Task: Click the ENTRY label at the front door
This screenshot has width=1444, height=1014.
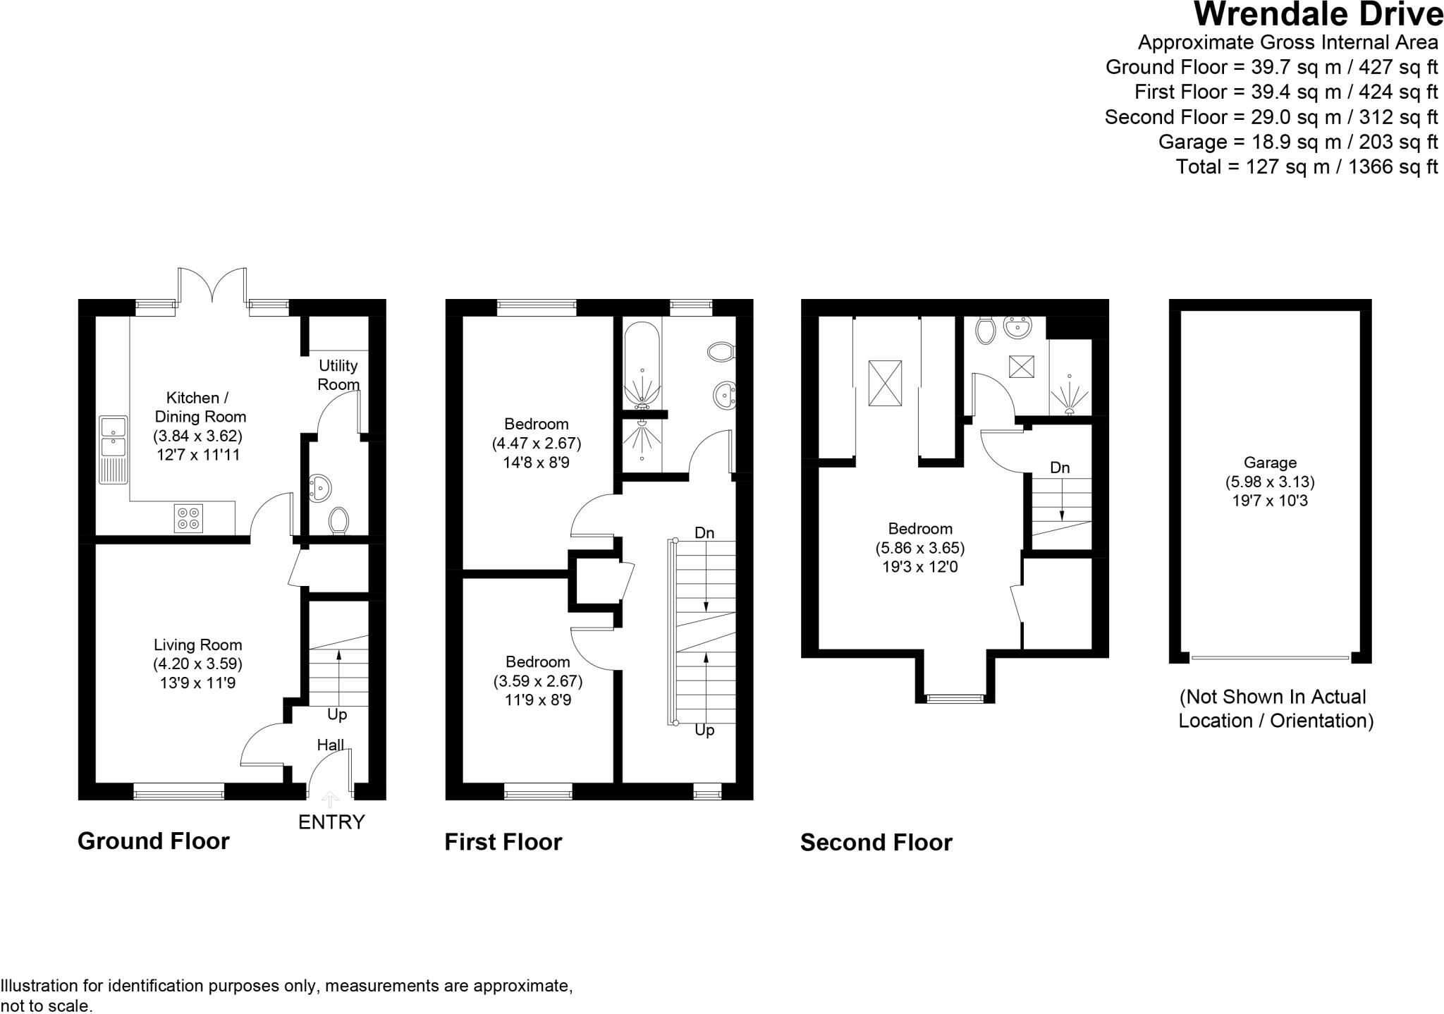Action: point(331,822)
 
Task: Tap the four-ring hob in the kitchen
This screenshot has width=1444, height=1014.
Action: point(188,518)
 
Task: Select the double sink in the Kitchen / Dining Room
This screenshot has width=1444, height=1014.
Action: point(113,437)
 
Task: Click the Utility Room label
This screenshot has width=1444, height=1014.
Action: point(338,374)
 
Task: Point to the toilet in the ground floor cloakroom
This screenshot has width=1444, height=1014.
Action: point(339,520)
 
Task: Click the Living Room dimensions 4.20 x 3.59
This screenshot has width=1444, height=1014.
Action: point(197,664)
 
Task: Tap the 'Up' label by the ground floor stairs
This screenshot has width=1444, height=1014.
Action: point(337,714)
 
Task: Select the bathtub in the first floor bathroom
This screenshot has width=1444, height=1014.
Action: point(642,365)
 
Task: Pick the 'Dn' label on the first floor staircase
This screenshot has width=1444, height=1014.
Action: point(704,532)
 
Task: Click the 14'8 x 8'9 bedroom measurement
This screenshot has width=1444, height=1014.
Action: point(536,463)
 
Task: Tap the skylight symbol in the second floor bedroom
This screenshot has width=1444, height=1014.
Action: point(885,383)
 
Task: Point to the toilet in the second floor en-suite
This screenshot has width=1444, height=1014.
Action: point(985,330)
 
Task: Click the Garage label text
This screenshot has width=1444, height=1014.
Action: point(1270,463)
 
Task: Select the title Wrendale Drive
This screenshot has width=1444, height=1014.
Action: point(1318,15)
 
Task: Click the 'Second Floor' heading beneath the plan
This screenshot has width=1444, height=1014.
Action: point(876,842)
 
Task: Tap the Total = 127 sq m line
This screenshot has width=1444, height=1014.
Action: point(1306,166)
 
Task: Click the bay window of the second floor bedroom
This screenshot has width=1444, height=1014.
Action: point(955,698)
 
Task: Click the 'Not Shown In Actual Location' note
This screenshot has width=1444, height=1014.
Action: point(1275,708)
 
